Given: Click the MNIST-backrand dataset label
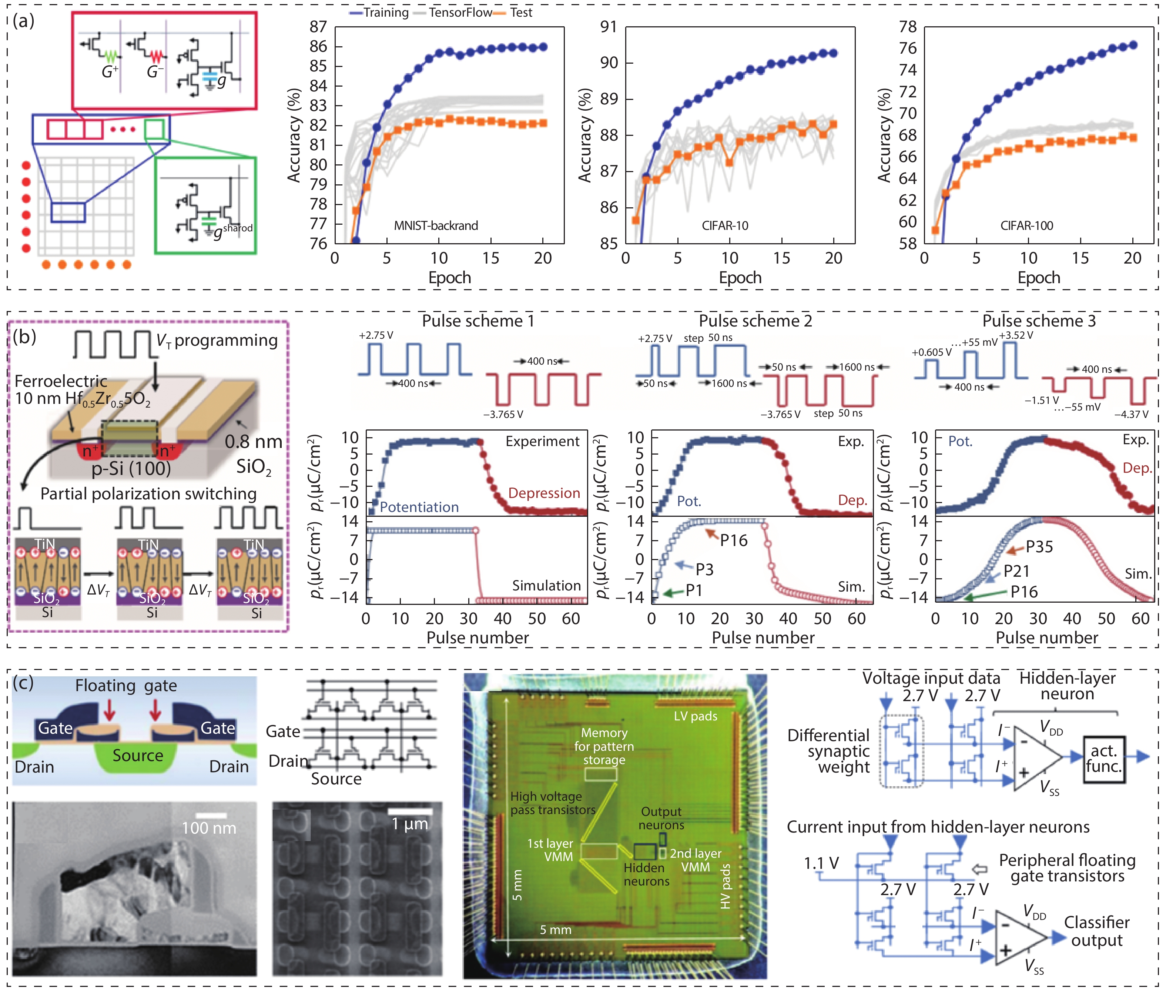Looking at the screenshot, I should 436,226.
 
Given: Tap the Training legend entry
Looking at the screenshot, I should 386,12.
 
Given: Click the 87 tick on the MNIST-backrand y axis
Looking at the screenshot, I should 318,27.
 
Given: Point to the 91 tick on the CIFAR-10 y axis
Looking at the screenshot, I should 609,27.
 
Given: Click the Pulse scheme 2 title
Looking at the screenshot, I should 755,321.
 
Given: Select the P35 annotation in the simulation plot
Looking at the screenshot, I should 1039,547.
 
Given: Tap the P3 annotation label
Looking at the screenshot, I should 704,570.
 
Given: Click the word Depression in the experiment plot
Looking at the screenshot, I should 544,493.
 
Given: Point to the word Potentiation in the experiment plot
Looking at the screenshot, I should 419,507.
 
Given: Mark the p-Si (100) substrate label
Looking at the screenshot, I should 131,468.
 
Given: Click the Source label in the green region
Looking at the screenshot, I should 138,756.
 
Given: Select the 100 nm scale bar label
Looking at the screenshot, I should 209,827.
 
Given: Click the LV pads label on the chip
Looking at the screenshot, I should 695,716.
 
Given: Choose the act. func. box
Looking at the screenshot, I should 1104,759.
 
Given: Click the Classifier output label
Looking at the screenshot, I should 1096,931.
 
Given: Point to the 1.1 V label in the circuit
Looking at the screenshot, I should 821,863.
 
